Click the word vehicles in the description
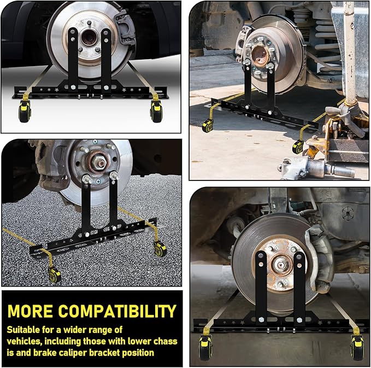[26, 342]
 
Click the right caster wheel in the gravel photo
[160, 249]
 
